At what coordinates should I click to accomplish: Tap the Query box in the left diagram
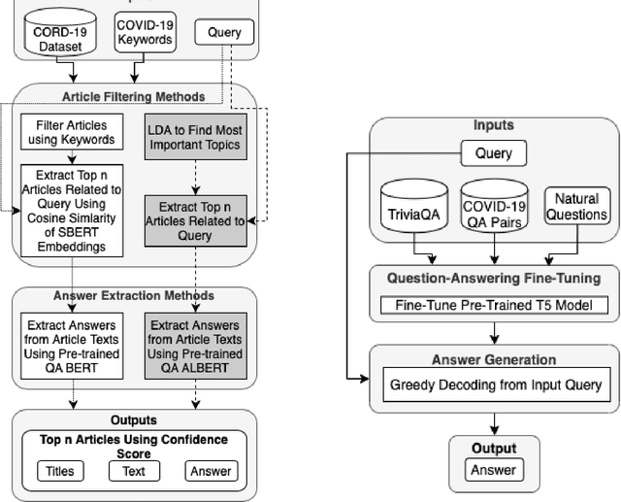[x=224, y=32]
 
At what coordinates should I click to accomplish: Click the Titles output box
[x=59, y=471]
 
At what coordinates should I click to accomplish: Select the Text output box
[x=134, y=471]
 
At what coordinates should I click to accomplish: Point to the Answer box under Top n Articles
[x=211, y=471]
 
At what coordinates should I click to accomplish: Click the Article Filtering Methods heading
[x=134, y=96]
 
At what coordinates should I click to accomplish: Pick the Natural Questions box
[x=576, y=207]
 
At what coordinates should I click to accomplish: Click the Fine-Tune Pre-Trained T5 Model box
[x=494, y=306]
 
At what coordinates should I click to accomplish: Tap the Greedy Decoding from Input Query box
[x=494, y=385]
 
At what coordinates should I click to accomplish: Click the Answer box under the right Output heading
[x=494, y=471]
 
